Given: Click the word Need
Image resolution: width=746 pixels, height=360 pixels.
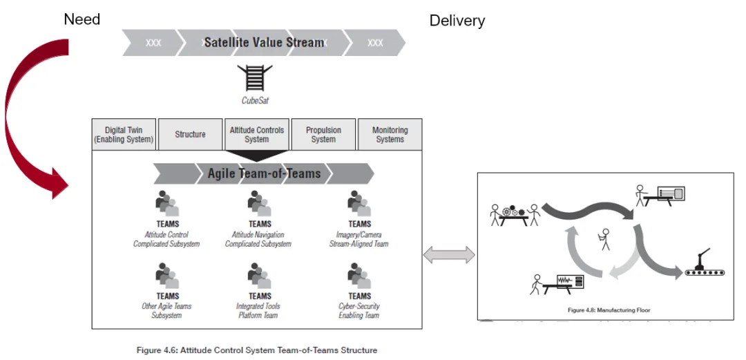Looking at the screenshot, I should tap(82, 19).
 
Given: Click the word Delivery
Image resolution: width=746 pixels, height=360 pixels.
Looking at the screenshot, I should tap(457, 21).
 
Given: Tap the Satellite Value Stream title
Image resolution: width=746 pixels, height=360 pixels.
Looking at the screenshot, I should tap(264, 42).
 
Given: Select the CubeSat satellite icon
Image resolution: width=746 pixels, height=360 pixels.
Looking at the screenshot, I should tap(254, 78).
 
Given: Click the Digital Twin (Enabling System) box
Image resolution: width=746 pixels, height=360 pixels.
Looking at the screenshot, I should tap(125, 134).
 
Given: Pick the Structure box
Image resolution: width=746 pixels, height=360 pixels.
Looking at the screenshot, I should tap(190, 134).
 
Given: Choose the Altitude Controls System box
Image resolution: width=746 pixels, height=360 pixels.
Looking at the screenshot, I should tap(256, 134).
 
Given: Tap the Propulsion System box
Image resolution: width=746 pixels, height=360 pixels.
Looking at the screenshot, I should tap(323, 134).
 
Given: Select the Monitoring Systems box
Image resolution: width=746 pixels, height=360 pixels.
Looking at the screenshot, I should tap(390, 134).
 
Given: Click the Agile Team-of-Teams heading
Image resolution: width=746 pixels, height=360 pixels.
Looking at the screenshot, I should tap(264, 173).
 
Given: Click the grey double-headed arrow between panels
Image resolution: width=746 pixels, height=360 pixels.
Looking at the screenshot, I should tap(449, 255).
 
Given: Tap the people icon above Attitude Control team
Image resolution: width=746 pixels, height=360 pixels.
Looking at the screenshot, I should tap(167, 204).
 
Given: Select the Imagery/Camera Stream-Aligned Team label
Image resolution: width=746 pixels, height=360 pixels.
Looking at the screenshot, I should tap(359, 239).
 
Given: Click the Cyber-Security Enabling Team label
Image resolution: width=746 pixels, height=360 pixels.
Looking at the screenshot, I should tap(359, 311).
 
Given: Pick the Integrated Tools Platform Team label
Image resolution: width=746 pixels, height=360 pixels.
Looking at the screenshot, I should tap(260, 311).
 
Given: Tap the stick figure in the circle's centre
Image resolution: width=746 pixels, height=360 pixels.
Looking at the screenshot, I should tap(605, 238).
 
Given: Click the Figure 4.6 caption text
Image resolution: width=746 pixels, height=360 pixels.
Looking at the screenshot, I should tap(257, 350).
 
